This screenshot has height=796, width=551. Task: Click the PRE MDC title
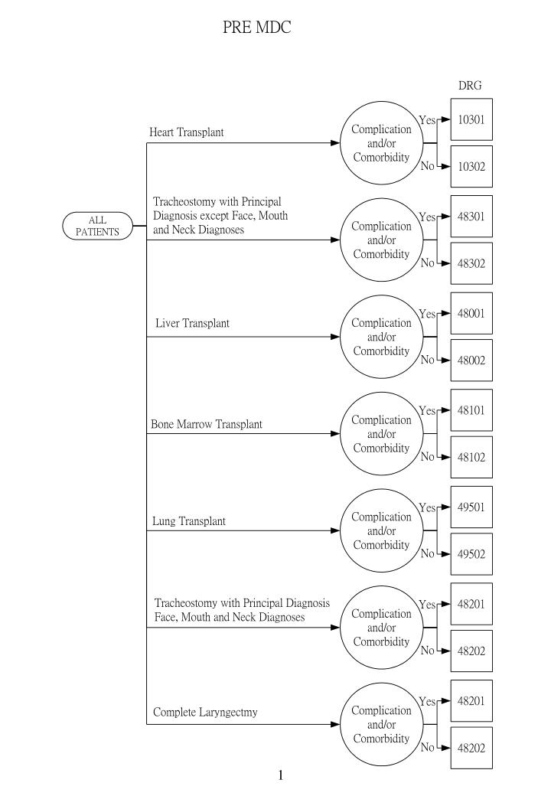click(x=256, y=27)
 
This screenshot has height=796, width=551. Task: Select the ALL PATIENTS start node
click(x=97, y=226)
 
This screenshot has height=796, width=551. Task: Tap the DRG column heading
click(x=470, y=85)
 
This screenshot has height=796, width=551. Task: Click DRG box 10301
click(x=471, y=119)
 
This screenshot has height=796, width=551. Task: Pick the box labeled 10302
click(x=471, y=167)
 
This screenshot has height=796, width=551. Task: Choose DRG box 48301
click(x=471, y=217)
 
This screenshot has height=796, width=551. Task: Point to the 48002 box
click(x=471, y=360)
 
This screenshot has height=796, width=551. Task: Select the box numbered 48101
click(x=471, y=410)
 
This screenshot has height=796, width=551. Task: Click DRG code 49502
click(x=471, y=554)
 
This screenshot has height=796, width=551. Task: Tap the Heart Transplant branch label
click(x=186, y=132)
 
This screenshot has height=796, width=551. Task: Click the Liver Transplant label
click(x=192, y=323)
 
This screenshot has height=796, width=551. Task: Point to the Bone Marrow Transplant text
click(x=207, y=424)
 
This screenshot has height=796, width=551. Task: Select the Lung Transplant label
click(x=189, y=521)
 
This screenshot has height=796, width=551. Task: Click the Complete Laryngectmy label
click(x=205, y=713)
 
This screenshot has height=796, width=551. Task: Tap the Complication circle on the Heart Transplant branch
click(x=382, y=143)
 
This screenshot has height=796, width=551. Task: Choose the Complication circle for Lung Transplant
click(x=382, y=531)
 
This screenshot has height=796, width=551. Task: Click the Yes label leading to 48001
click(x=427, y=314)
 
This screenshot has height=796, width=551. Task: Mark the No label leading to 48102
click(x=427, y=457)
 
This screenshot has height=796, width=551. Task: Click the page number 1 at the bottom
click(x=281, y=775)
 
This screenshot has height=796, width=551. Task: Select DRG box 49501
click(x=471, y=507)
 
